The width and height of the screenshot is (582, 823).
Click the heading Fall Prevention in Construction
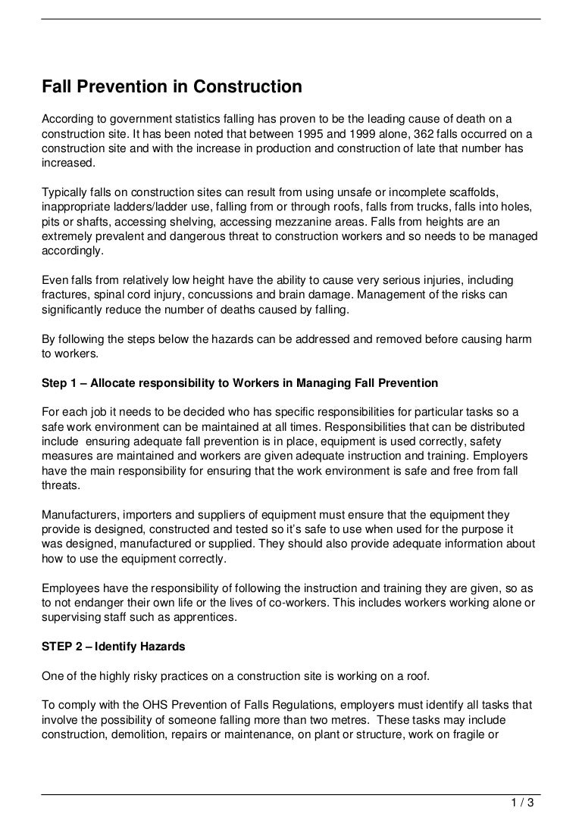(x=172, y=88)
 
